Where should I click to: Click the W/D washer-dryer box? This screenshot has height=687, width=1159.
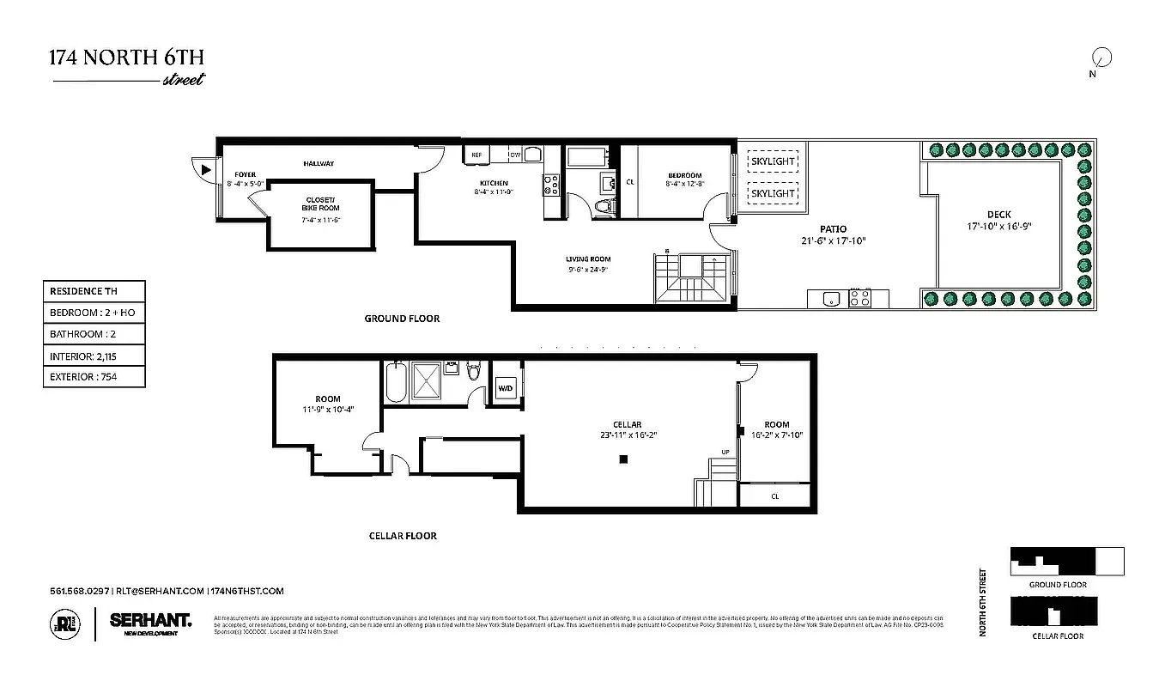pos(505,389)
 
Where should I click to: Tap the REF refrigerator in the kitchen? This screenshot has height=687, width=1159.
pos(476,155)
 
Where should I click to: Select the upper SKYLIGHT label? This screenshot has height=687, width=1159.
pos(773,161)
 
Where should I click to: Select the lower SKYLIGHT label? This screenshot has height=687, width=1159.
pos(773,193)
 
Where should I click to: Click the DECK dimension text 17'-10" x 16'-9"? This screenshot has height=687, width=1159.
pos(998,228)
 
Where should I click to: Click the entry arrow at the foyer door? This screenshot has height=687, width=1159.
pos(205,170)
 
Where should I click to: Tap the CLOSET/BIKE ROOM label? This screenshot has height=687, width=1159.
pos(320,204)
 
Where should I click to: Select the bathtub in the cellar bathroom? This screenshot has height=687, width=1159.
pos(396,382)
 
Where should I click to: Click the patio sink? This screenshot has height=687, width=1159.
pos(828,299)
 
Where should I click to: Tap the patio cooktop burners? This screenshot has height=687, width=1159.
pos(859,299)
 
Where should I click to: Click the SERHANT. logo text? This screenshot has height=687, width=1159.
pos(150,618)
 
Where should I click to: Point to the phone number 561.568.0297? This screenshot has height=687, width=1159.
pos(80,591)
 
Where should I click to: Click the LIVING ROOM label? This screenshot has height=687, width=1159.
pos(587,259)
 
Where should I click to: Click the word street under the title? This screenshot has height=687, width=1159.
pos(183,81)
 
